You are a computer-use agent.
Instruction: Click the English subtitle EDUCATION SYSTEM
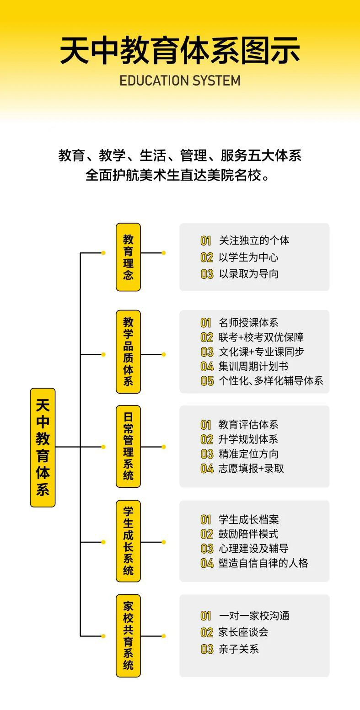(x=180, y=80)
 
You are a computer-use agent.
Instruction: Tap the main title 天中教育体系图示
(x=180, y=51)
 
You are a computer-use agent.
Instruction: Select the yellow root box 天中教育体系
(x=43, y=448)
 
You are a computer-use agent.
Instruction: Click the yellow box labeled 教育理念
(x=128, y=257)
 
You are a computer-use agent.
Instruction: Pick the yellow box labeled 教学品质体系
(x=128, y=352)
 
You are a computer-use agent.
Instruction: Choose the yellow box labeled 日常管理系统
(x=128, y=446)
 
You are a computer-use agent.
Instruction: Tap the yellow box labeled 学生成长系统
(x=128, y=541)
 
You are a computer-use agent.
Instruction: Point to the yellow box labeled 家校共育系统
(x=128, y=635)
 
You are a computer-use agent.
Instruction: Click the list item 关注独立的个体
(x=254, y=240)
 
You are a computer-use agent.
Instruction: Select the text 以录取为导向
(x=249, y=273)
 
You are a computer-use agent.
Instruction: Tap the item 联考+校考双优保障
(x=261, y=337)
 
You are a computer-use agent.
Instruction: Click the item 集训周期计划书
(x=253, y=366)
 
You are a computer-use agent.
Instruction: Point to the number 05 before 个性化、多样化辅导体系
(x=207, y=381)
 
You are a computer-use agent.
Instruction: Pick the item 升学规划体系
(x=248, y=439)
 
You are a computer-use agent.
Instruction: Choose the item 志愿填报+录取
(x=251, y=469)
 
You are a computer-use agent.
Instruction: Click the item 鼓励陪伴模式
(x=248, y=534)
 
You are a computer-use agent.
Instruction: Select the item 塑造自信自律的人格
(x=263, y=563)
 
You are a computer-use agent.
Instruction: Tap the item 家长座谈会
(x=243, y=632)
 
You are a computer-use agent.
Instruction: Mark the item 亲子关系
(x=238, y=649)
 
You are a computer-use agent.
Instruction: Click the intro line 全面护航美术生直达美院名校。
(x=178, y=175)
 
